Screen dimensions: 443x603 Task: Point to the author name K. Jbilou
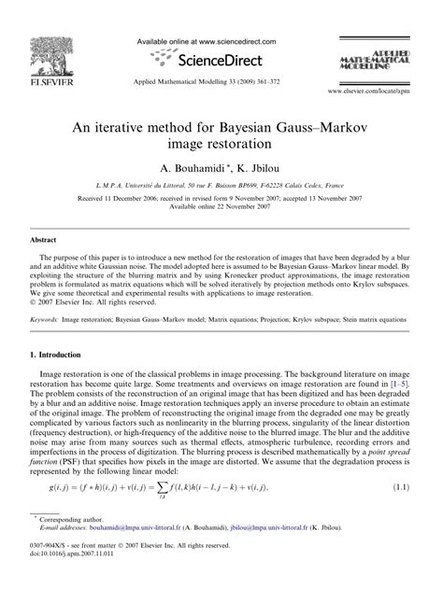click(254, 169)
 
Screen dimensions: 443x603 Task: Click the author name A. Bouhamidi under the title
click(193, 169)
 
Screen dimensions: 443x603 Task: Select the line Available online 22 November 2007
click(221, 207)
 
